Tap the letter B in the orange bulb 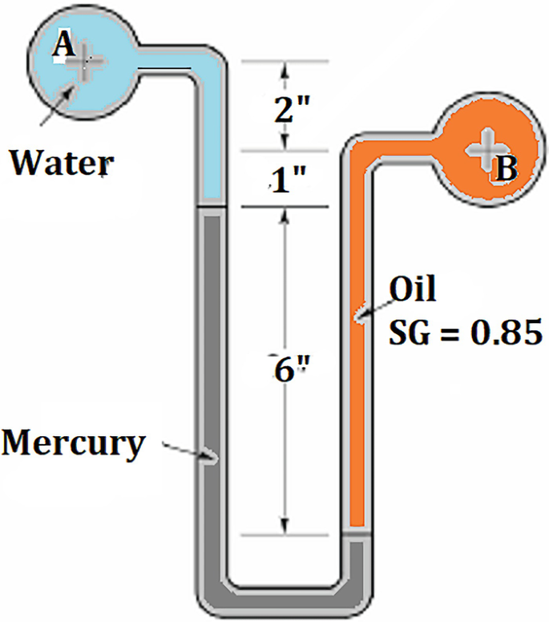[508, 168]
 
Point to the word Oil [413, 289]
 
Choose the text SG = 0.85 [466, 329]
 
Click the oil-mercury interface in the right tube [358, 531]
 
